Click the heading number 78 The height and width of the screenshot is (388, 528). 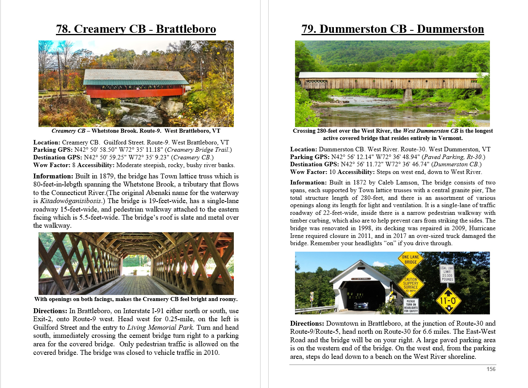click(63, 29)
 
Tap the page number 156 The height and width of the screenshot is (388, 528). click(491, 369)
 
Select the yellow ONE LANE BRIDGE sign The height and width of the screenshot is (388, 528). click(410, 259)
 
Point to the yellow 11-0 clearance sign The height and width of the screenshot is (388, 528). click(448, 301)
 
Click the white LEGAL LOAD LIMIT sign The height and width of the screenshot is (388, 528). click(447, 274)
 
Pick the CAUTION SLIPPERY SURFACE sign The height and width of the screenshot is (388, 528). click(410, 285)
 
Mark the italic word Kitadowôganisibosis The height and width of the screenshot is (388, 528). click(70, 201)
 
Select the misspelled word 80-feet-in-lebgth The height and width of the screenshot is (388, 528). click(58, 184)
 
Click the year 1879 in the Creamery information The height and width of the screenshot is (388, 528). click(105, 176)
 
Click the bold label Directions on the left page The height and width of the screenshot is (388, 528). click(50, 311)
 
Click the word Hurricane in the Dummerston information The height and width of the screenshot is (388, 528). click(481, 228)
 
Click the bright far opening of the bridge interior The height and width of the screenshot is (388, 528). click(136, 265)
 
